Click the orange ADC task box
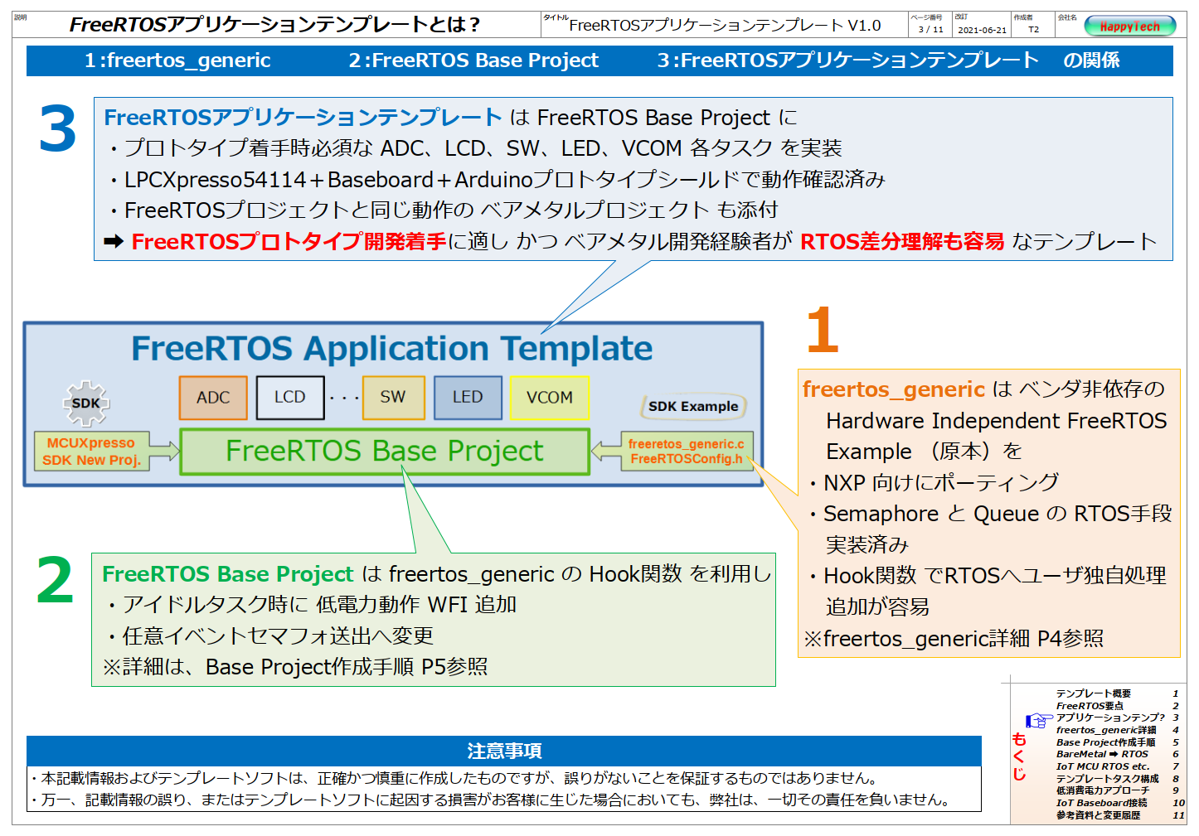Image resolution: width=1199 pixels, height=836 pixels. [213, 398]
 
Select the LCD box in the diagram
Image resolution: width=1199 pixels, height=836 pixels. [290, 398]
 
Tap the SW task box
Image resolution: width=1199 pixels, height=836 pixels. [393, 398]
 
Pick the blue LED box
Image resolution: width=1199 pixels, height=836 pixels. [468, 398]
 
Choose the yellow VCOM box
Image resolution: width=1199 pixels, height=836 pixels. [550, 398]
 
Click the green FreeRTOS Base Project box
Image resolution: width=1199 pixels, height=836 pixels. [385, 452]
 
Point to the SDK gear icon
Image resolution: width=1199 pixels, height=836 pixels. [86, 404]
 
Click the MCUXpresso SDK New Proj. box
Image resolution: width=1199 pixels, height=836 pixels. [91, 452]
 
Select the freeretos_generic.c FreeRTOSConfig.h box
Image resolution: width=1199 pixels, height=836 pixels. [687, 452]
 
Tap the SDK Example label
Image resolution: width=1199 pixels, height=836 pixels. [693, 407]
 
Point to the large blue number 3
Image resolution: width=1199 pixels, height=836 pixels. [58, 128]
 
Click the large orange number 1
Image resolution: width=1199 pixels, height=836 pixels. [823, 330]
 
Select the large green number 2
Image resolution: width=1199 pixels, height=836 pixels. [55, 580]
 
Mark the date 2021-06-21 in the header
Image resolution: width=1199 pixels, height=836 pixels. [982, 30]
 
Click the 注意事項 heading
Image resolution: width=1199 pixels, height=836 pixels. [504, 751]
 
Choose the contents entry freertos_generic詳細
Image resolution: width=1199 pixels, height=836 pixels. [1106, 730]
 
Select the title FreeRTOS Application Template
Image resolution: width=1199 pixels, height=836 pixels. [392, 348]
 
